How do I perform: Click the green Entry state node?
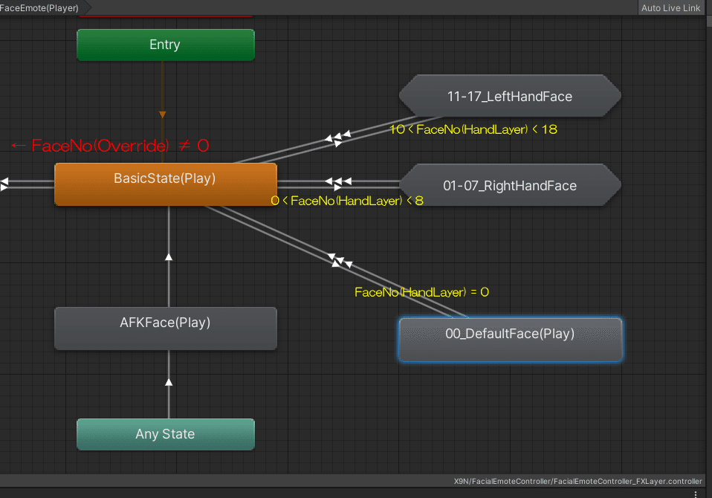click(x=165, y=45)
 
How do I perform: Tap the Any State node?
click(x=165, y=434)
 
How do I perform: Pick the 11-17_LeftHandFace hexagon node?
click(x=510, y=96)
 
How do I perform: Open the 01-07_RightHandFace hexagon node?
click(x=510, y=185)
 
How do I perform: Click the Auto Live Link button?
click(x=670, y=8)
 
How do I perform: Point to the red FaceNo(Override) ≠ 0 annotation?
click(x=110, y=146)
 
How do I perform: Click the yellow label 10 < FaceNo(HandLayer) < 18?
click(x=473, y=129)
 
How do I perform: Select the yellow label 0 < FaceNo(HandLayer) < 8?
click(x=347, y=201)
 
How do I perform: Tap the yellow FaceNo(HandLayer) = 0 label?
click(x=421, y=292)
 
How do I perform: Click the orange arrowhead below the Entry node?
click(x=162, y=114)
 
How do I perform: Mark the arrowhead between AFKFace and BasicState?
click(x=169, y=256)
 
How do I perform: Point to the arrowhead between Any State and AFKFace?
click(x=169, y=382)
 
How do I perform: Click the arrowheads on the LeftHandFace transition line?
click(x=336, y=138)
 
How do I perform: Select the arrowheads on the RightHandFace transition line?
click(x=338, y=181)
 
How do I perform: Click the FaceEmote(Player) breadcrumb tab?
click(x=40, y=8)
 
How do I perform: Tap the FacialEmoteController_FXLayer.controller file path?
click(x=577, y=481)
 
